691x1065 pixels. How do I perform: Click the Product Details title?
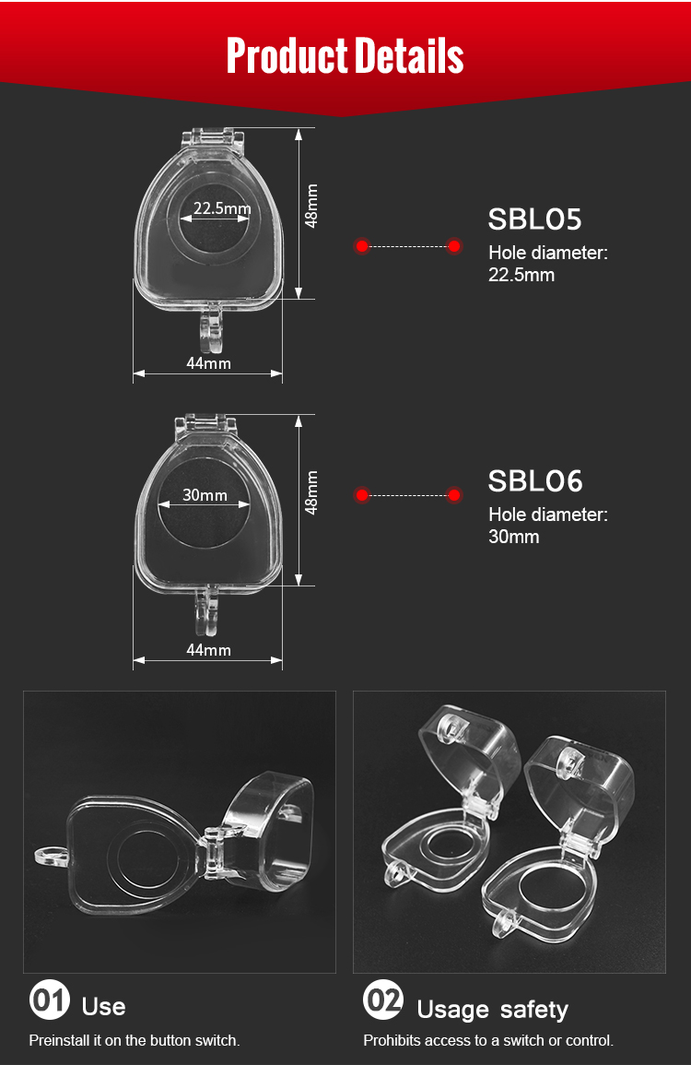click(x=345, y=55)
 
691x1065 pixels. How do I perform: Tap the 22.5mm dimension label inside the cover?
click(x=222, y=207)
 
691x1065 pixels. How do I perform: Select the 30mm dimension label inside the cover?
click(x=205, y=495)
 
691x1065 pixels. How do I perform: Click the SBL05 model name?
click(x=535, y=219)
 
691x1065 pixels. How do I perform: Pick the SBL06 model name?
click(x=535, y=481)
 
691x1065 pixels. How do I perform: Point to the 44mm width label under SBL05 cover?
click(x=208, y=363)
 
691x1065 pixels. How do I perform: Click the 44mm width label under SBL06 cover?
click(x=208, y=650)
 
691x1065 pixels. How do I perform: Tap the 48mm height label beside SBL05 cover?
click(x=310, y=206)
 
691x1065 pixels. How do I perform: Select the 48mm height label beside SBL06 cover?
click(x=310, y=492)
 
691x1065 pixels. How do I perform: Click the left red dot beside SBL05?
click(x=362, y=246)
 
